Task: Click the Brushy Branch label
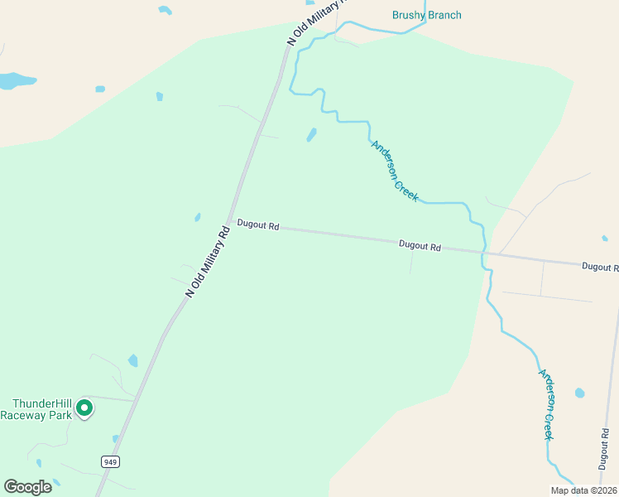coord(426,15)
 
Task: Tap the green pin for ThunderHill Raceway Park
coord(84,408)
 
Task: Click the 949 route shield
coord(109,461)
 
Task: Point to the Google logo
coord(28,486)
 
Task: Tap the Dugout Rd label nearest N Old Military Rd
coord(258,224)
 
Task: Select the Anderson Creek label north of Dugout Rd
coord(395,170)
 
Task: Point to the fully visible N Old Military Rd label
coord(207,261)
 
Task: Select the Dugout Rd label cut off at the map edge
coord(600,267)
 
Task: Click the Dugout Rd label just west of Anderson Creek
coord(420,245)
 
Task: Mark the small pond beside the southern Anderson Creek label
coord(579,393)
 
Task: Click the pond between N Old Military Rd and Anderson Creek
coord(312,134)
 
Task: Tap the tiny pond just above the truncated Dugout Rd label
coord(606,239)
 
